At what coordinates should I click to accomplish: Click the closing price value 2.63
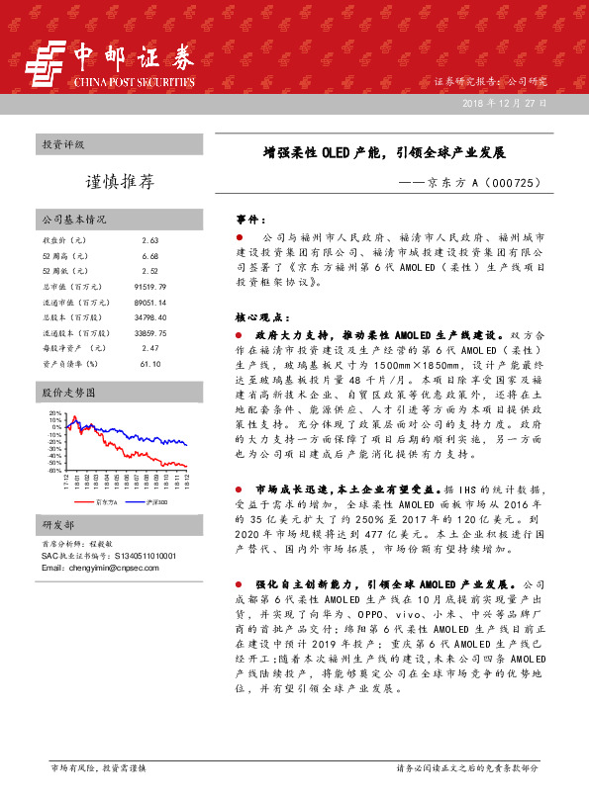point(149,241)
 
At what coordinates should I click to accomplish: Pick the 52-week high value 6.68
point(149,256)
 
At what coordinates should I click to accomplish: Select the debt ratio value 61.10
point(149,364)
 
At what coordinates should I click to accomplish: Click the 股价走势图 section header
point(67,393)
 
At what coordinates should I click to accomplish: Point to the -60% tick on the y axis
point(54,471)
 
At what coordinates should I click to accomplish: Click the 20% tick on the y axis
point(55,413)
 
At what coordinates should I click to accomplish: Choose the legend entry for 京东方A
point(106,502)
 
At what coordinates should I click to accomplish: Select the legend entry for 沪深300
point(154,502)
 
